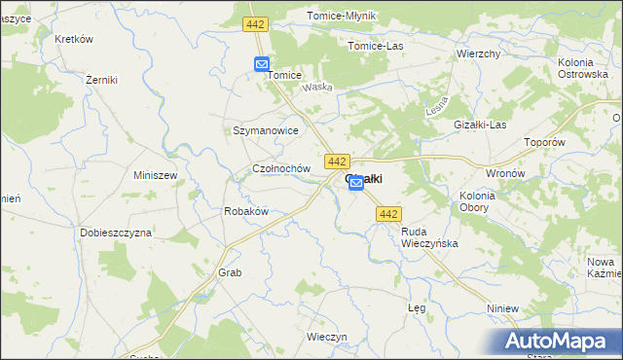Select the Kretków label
(x=74, y=39)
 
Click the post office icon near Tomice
(x=262, y=64)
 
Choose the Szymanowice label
(x=265, y=129)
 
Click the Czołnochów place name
(x=280, y=168)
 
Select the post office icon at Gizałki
(x=356, y=182)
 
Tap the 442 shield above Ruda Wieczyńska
(x=388, y=214)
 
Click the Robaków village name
(x=245, y=211)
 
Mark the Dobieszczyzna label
(x=117, y=234)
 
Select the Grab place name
(x=230, y=273)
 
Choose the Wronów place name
(x=505, y=173)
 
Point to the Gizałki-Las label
(x=481, y=125)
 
